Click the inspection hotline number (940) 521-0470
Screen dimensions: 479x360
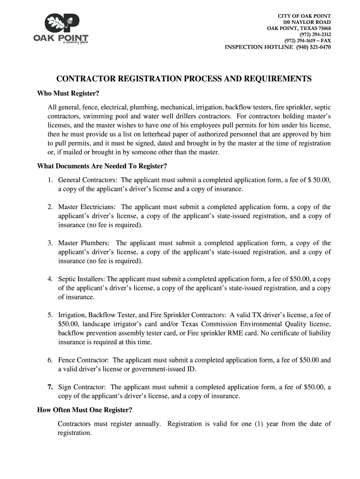313,47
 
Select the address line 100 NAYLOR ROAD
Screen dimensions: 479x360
307,22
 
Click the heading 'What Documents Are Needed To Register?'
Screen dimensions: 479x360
102,166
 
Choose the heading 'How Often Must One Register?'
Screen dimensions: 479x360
85,410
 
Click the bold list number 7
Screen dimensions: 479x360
50,387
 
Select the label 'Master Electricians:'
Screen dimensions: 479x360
87,207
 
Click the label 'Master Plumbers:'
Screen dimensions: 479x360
84,243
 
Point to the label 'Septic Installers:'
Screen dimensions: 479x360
81,279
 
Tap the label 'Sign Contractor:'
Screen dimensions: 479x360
82,387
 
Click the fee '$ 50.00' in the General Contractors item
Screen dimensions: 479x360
318,180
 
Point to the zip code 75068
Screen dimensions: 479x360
323,29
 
